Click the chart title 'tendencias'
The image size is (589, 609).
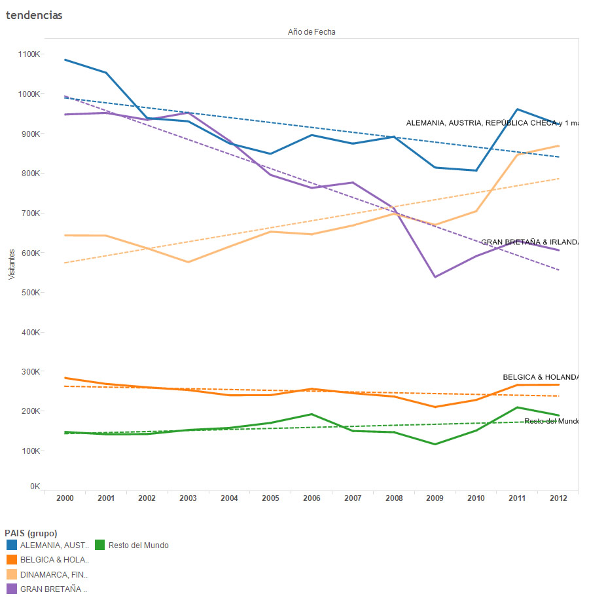pos(34,15)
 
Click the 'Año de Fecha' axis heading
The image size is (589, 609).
pos(312,31)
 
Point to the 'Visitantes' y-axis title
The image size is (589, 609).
pos(11,264)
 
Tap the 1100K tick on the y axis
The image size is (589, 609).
pos(29,54)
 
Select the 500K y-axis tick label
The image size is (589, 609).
pos(31,292)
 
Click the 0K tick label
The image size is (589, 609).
pos(35,487)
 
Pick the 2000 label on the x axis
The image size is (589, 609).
pos(65,498)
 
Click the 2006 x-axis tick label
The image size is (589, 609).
pos(312,498)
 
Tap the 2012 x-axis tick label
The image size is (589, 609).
pos(558,498)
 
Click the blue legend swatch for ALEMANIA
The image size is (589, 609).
pos(12,545)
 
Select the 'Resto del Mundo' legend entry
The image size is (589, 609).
pos(138,545)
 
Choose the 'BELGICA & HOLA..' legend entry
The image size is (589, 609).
pos(54,560)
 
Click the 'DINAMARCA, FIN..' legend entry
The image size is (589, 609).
pos(54,574)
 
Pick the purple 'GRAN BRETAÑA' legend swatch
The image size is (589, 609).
pos(12,589)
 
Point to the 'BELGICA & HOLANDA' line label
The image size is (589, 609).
pos(541,377)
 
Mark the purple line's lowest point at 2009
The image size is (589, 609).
pos(435,277)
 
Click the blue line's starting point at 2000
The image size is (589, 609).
pos(65,60)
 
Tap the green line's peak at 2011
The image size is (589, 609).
pos(518,407)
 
